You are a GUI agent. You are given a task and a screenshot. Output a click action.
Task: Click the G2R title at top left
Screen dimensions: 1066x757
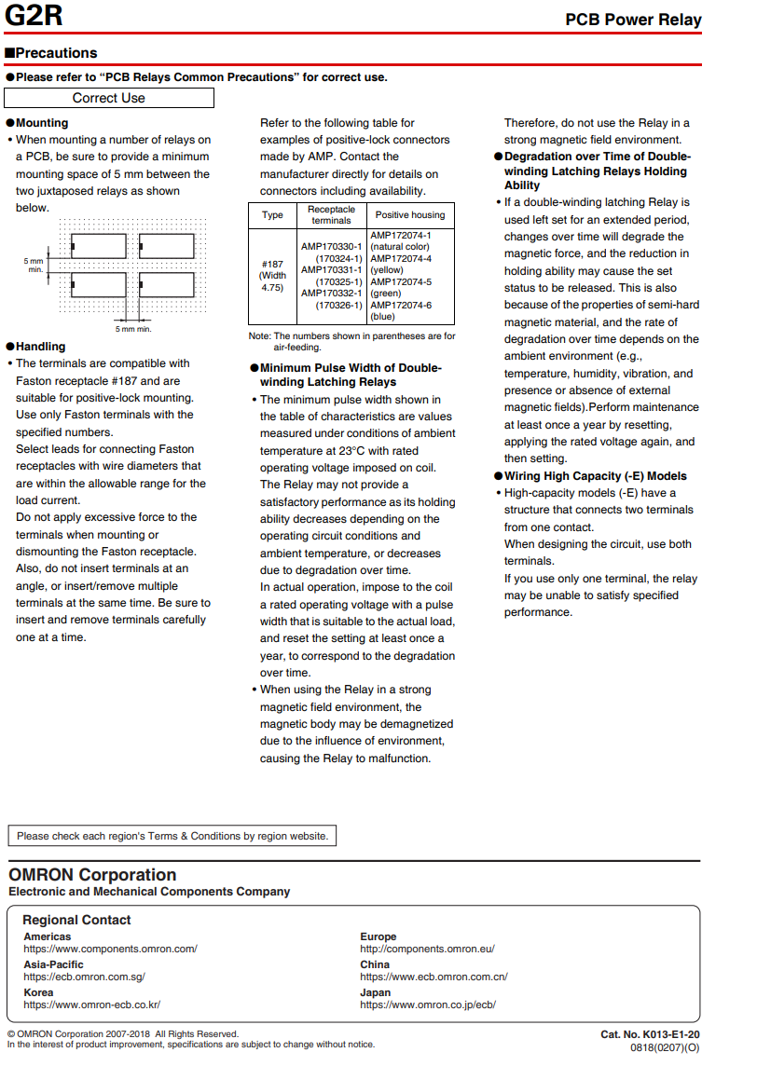click(34, 17)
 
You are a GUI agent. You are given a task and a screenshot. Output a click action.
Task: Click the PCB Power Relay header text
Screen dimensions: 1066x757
click(633, 20)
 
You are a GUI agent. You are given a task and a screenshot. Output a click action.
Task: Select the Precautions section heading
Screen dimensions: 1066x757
click(51, 53)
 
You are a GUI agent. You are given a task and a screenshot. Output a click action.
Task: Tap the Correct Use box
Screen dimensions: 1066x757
click(109, 98)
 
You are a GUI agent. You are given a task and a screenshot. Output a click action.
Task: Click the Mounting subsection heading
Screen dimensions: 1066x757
click(41, 123)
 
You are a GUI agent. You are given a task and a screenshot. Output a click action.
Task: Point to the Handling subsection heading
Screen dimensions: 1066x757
click(40, 347)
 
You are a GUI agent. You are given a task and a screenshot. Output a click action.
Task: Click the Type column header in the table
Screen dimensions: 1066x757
click(272, 215)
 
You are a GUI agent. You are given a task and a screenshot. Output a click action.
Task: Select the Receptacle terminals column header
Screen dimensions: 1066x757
click(331, 215)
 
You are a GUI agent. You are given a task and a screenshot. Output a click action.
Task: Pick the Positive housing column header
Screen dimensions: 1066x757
click(410, 215)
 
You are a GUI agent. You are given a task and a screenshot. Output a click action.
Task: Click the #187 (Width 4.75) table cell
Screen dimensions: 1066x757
click(272, 276)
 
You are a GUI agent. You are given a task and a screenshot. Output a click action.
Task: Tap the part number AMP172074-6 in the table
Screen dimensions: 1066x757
click(401, 305)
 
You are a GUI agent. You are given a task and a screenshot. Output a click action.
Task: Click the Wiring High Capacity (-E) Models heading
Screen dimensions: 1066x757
click(596, 476)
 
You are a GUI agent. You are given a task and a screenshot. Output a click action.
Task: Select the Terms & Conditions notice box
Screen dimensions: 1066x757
click(172, 836)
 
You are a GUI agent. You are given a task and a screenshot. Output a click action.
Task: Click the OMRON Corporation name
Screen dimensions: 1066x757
click(92, 875)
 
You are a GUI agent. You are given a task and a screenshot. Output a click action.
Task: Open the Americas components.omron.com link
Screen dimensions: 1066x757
click(110, 949)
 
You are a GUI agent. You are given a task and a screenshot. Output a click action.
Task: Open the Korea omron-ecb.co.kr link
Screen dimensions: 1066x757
click(91, 1004)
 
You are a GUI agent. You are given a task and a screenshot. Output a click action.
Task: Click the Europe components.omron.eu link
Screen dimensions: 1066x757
click(427, 949)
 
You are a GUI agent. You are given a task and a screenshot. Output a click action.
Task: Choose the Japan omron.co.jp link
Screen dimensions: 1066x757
click(428, 1004)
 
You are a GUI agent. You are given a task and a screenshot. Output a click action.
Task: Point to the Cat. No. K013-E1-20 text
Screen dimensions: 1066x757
click(650, 1034)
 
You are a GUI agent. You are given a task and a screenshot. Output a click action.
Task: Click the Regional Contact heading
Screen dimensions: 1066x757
click(76, 920)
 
